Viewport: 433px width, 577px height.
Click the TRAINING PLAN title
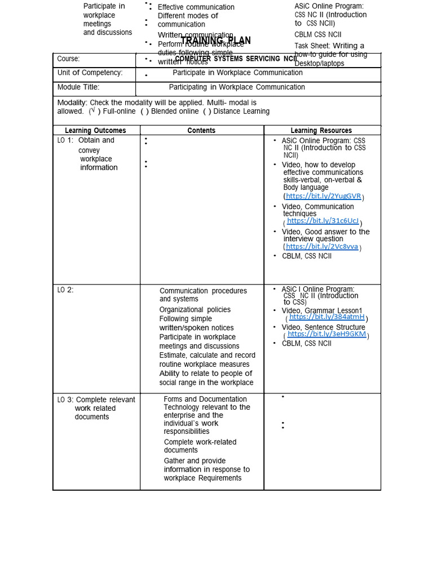tap(216, 41)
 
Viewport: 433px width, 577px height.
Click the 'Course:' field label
tap(68, 59)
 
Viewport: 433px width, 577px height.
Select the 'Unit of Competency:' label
tap(90, 73)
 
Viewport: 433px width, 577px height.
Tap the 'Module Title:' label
tap(78, 87)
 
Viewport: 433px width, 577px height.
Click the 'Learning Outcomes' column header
tap(95, 131)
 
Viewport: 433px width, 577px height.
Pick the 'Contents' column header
tap(201, 131)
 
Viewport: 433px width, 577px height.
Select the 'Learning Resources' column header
tap(321, 131)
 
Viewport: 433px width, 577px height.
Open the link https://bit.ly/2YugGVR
tap(323, 196)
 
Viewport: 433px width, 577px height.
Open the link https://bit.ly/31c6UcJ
tap(322, 221)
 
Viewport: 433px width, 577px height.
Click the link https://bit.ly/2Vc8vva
tap(321, 247)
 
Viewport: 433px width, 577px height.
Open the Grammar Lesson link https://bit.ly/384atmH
tap(326, 317)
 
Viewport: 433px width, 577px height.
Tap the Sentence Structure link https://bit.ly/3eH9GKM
tap(326, 334)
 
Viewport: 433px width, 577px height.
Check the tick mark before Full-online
tap(92, 111)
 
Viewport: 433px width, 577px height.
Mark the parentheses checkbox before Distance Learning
tap(207, 112)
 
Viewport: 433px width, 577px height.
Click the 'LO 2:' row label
tap(65, 290)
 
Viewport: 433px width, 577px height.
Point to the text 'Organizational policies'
tap(195, 310)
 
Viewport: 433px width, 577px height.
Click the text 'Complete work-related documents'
tap(200, 446)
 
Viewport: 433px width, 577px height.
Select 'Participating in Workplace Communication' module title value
tap(237, 87)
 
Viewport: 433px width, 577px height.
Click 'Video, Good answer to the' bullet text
tap(325, 232)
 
